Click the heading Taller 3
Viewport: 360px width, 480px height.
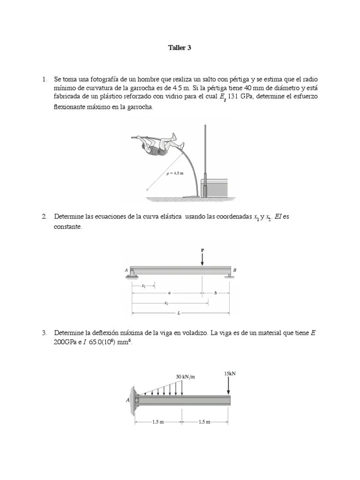point(180,48)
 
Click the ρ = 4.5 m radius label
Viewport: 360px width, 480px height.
point(175,173)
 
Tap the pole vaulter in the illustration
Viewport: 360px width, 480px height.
point(159,144)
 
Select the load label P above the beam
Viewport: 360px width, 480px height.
point(202,251)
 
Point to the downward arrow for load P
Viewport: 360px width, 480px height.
point(202,260)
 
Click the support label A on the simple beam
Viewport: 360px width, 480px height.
point(127,270)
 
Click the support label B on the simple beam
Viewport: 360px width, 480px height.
point(235,270)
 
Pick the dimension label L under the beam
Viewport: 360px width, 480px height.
point(180,312)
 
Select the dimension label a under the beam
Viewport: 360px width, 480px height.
point(169,292)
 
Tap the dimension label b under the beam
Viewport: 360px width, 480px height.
point(216,292)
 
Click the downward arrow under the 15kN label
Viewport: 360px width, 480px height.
point(228,386)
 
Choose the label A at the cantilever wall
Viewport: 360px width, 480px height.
point(127,400)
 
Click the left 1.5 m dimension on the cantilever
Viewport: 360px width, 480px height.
point(158,422)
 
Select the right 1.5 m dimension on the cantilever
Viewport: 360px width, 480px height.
point(204,422)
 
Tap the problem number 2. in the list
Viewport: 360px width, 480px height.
point(45,217)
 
